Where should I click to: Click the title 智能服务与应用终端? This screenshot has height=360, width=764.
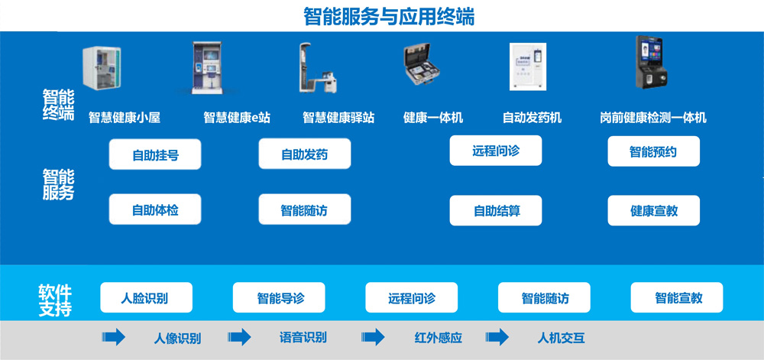click(388, 17)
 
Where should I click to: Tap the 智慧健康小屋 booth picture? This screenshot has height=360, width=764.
click(102, 68)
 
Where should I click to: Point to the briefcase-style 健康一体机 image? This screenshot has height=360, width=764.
click(423, 65)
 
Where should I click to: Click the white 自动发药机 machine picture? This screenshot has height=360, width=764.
click(528, 66)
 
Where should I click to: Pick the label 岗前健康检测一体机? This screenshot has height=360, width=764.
click(653, 118)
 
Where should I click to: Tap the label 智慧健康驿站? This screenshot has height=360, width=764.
click(338, 118)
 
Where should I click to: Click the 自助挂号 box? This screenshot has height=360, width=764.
click(155, 154)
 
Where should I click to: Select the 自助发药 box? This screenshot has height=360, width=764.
click(305, 154)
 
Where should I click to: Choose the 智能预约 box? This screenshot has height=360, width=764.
click(653, 151)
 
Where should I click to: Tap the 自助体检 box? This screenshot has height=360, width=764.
click(155, 209)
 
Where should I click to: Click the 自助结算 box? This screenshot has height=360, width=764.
click(496, 210)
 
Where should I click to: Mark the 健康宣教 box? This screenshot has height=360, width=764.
click(653, 210)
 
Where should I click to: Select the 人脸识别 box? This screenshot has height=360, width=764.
click(146, 297)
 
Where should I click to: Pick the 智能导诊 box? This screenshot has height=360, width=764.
click(279, 297)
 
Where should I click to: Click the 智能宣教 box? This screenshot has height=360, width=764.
click(677, 297)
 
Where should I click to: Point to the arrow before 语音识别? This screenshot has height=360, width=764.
click(239, 337)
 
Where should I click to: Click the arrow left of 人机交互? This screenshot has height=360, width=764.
click(497, 337)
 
